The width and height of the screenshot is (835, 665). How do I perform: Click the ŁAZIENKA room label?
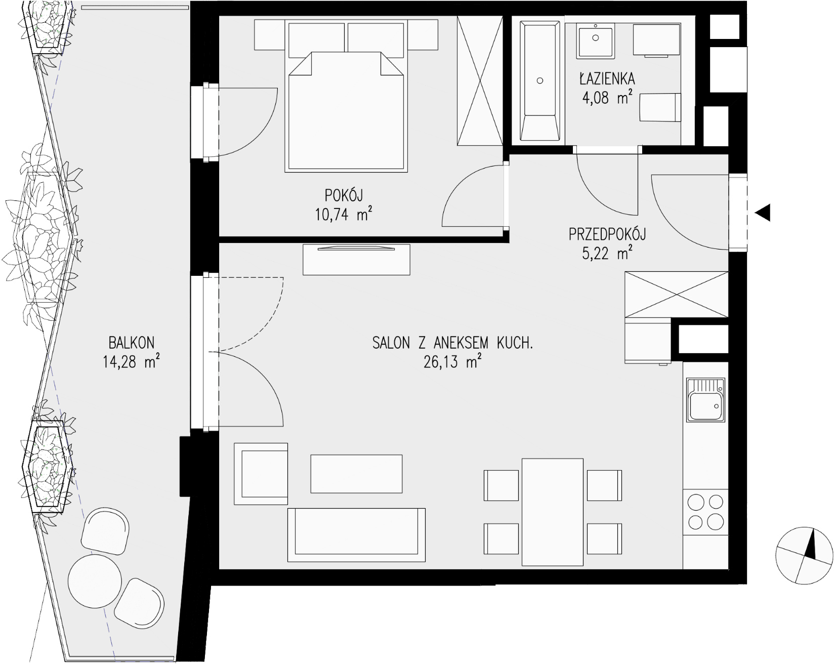click(607, 79)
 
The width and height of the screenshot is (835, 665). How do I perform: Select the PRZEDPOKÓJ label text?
click(607, 234)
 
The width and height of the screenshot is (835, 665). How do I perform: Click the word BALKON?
click(132, 343)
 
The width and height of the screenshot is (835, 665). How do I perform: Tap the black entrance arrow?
click(763, 213)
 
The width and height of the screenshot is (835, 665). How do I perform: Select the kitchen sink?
click(705, 399)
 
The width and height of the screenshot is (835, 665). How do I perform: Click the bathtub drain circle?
click(540, 80)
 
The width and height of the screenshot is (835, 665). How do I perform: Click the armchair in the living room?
click(261, 474)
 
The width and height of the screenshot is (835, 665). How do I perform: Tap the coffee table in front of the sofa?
click(356, 474)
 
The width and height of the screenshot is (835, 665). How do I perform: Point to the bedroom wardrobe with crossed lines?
click(480, 80)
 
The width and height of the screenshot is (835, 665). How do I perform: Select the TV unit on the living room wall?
click(356, 260)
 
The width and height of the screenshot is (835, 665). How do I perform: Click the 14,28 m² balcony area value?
click(132, 362)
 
